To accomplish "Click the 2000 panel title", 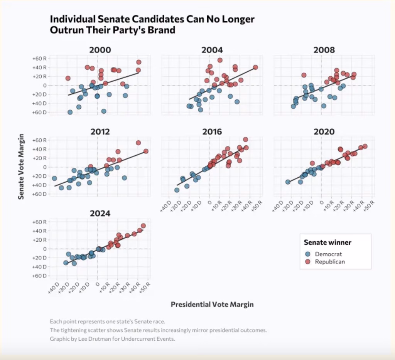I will point(100,50).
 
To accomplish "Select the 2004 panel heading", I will point(212,50).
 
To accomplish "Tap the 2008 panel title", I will point(324,50).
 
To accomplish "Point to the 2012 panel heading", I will point(100,132).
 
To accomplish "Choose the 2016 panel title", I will point(212,132).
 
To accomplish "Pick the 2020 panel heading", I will point(324,132).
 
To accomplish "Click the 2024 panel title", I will point(100,214).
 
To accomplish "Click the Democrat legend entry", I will point(328,254).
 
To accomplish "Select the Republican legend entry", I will point(329,262).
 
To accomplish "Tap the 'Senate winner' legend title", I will point(327,242).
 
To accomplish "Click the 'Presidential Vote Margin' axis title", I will point(212,304).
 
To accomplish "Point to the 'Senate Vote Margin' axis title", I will point(22,167).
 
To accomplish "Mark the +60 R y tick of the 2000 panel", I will point(39,59).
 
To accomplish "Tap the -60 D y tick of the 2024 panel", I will point(39,276).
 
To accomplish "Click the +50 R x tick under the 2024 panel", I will point(145,287).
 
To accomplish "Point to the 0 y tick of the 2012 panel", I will point(44,167).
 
